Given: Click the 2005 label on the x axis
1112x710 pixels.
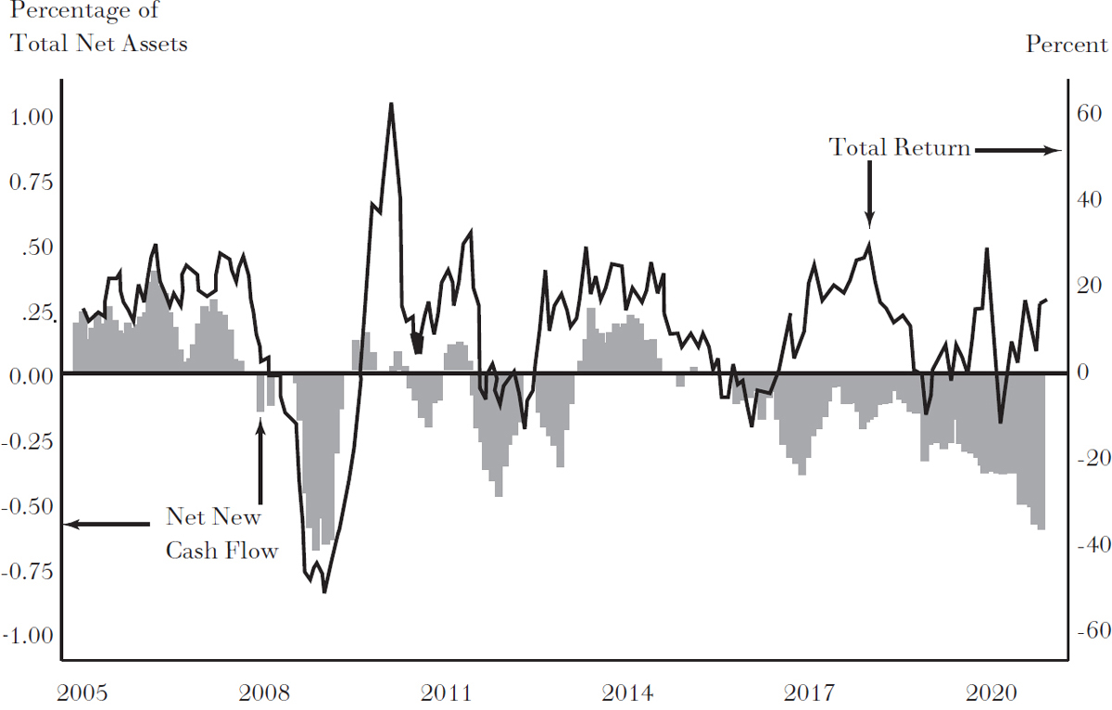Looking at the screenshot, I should click(82, 693).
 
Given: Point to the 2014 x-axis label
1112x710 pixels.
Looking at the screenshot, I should click(627, 693).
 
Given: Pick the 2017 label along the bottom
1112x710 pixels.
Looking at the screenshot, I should click(809, 693).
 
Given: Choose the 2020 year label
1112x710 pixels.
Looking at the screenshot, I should click(992, 693).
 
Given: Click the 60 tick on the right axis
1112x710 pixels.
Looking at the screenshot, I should click(1086, 115).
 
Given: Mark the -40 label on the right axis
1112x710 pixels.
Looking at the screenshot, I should click(1083, 545).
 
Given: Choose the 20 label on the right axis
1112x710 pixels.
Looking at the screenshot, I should click(1086, 286).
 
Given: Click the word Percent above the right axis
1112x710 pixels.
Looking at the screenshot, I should click(1066, 45).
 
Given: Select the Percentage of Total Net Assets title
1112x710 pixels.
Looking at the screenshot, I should click(97, 28).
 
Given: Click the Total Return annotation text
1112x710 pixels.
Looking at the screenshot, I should click(899, 147).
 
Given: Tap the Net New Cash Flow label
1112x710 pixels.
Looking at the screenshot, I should click(221, 534).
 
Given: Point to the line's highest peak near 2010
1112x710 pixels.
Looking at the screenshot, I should click(391, 104).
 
